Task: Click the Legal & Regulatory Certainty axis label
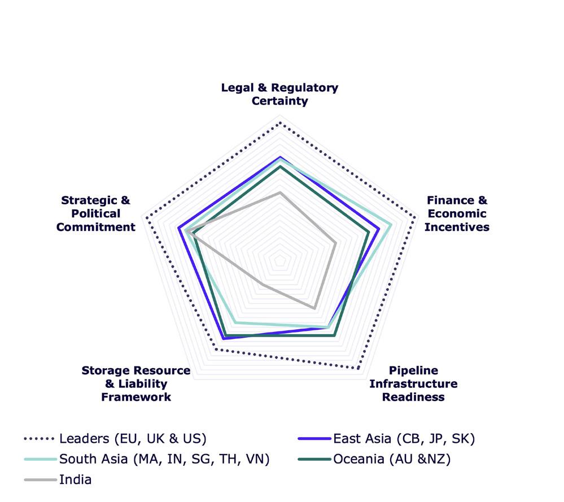[x=279, y=94]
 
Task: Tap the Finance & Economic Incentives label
[x=457, y=213]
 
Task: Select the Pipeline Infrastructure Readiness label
[x=413, y=383]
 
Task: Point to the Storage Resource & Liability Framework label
[x=136, y=383]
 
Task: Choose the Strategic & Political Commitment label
[x=96, y=213]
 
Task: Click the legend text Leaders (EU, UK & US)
[x=133, y=439]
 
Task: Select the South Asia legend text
[x=164, y=460]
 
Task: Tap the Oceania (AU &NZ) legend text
[x=392, y=460]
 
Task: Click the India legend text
[x=75, y=480]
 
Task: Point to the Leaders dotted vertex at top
[x=279, y=121]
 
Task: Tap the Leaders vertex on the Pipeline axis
[x=357, y=369]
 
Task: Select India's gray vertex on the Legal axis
[x=279, y=193]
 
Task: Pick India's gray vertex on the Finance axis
[x=336, y=243]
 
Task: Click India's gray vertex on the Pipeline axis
[x=314, y=308]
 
